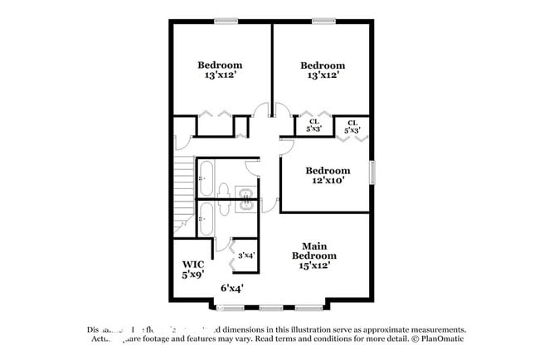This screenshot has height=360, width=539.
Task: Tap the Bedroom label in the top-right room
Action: tap(322, 66)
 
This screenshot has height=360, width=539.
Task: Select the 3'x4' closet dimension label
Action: tap(246, 255)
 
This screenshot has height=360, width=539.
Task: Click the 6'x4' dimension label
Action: tap(231, 288)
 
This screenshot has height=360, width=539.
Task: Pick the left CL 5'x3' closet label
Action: tap(314, 125)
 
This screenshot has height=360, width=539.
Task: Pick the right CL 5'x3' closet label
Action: tap(352, 126)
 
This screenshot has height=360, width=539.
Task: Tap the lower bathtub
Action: tap(206, 220)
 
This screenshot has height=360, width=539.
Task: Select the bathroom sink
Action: tap(247, 197)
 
